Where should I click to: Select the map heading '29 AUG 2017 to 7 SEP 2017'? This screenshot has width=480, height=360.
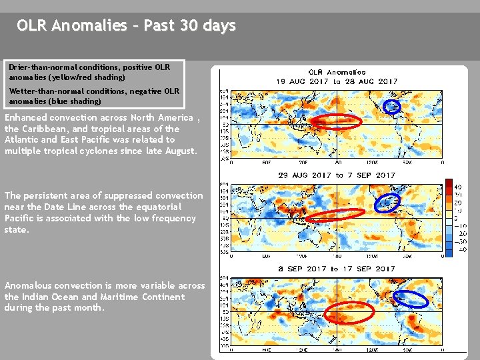click(x=337, y=175)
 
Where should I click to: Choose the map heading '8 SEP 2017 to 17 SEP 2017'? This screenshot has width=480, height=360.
click(x=337, y=269)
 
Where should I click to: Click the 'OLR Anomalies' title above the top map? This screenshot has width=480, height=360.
click(x=337, y=72)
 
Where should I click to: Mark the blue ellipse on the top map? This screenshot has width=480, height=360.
click(x=392, y=105)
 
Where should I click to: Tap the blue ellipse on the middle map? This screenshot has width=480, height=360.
click(x=387, y=201)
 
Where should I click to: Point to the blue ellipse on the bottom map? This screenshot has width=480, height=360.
click(x=410, y=299)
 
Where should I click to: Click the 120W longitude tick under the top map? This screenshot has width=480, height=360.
click(x=373, y=162)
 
